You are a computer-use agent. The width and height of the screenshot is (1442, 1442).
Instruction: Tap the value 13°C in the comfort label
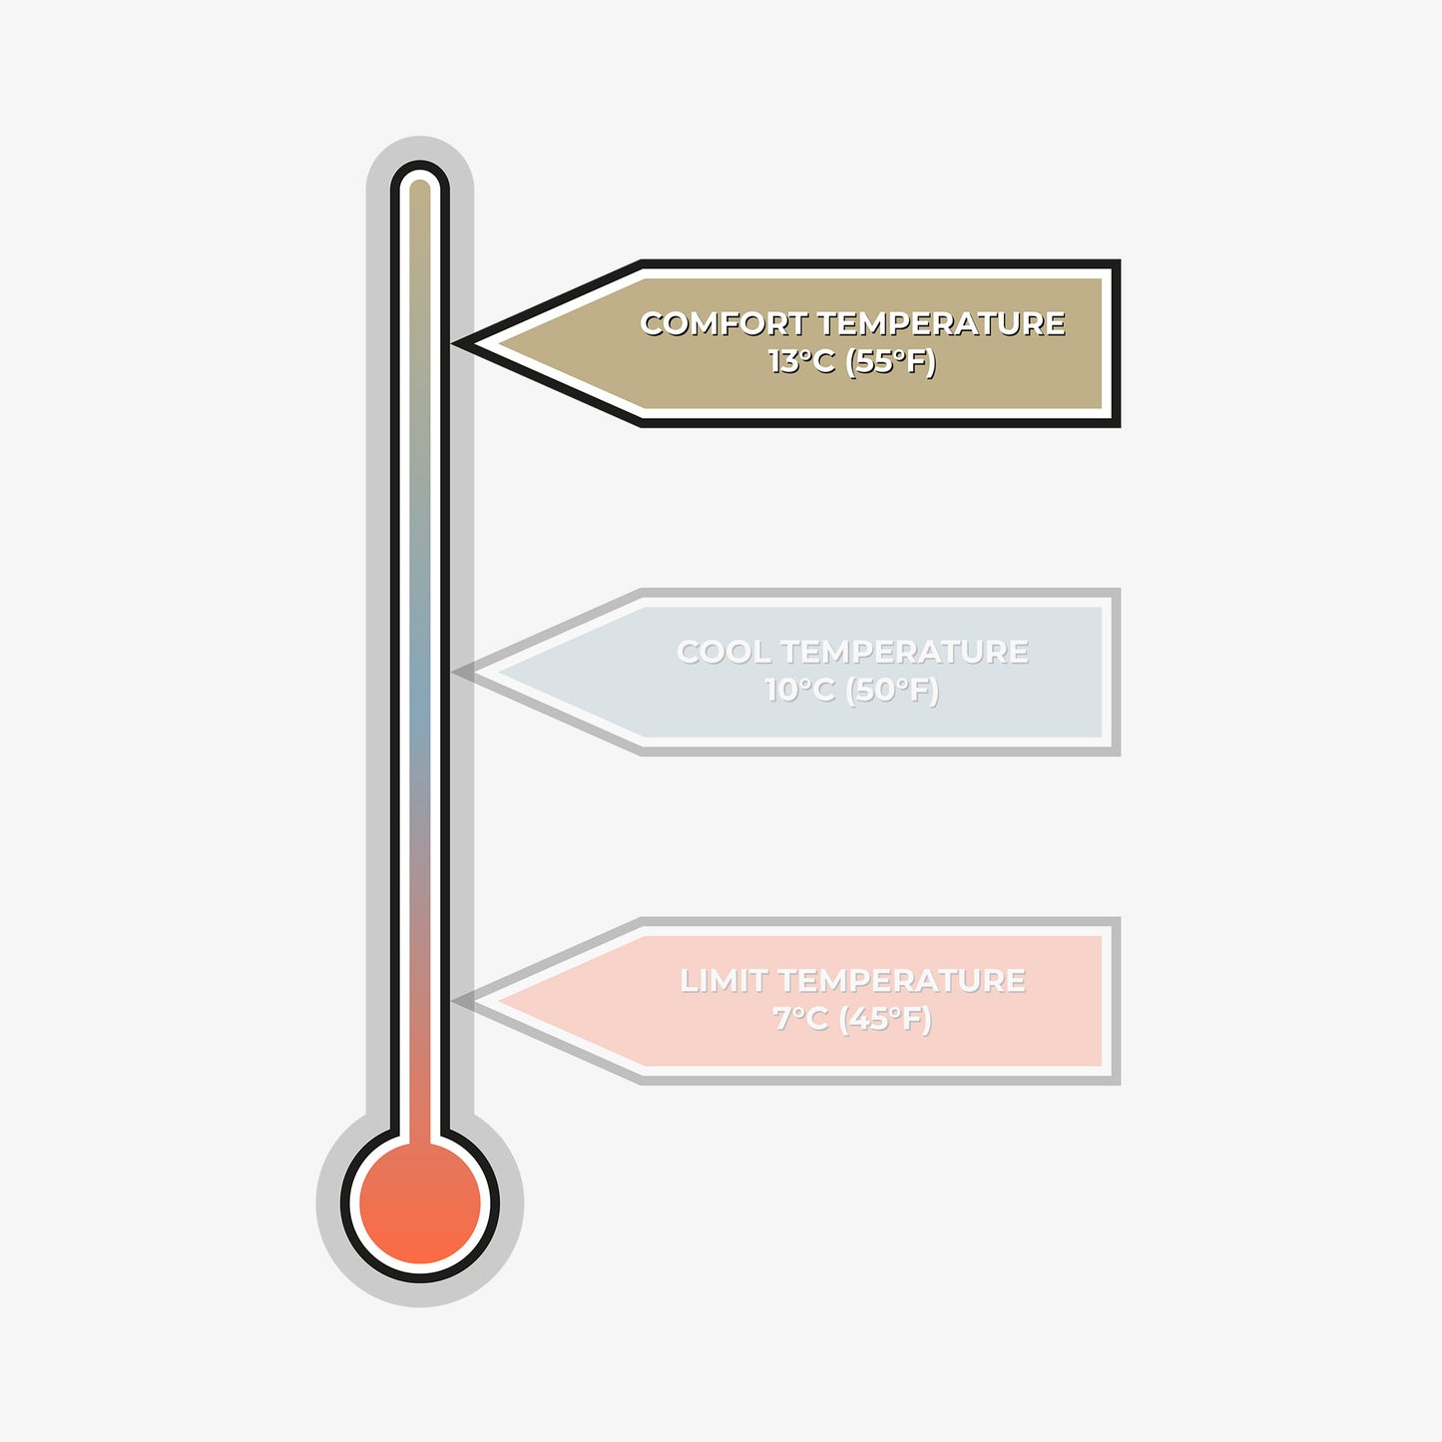pos(801,362)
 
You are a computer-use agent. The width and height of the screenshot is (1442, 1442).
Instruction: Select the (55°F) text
pos(890,363)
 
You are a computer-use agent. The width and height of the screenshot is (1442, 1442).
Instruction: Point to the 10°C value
pos(799,690)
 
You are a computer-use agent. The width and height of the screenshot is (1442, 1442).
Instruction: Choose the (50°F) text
pos(892,691)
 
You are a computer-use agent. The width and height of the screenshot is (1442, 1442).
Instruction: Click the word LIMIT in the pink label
pos(722,980)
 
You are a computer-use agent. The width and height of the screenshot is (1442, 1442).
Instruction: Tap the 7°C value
pos(800,1019)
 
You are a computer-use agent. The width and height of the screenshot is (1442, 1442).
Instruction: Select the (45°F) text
pos(885,1019)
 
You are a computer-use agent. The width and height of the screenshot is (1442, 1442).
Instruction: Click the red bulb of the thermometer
pos(420,1202)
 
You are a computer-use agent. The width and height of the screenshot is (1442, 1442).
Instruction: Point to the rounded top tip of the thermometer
pos(420,161)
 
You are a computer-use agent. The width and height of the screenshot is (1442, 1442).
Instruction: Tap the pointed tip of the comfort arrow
pos(453,343)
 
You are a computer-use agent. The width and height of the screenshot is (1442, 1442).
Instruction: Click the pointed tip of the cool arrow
pos(453,672)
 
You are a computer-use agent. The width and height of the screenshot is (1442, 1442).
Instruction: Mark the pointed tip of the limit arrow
pos(453,1001)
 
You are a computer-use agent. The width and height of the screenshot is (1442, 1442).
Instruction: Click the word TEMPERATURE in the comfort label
pos(941,324)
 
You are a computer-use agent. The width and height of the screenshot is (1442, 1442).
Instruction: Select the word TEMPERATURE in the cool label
pos(905,652)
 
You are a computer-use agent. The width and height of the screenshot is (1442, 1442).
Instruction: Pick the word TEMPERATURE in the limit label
pos(902,980)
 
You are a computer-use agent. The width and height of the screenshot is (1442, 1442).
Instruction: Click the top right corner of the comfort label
pos(1120,260)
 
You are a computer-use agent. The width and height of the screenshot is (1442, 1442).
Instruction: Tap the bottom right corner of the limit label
pos(1120,1084)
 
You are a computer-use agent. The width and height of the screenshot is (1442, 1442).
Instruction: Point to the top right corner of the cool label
pos(1120,589)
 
